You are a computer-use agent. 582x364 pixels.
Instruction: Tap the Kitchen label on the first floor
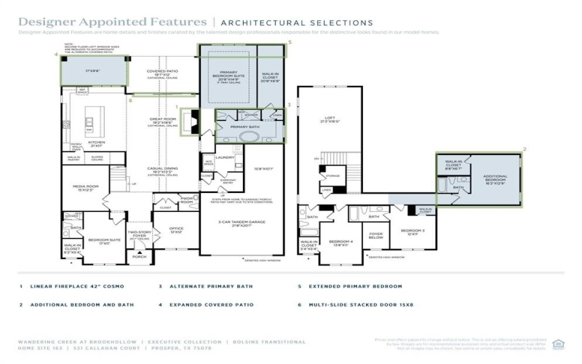[x=97, y=142]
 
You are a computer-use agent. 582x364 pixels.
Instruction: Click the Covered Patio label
[x=158, y=72]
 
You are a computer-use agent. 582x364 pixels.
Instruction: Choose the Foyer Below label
[x=376, y=235]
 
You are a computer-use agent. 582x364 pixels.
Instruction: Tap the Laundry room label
[x=225, y=157]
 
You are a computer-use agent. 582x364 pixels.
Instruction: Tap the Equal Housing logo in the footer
[x=558, y=344]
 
